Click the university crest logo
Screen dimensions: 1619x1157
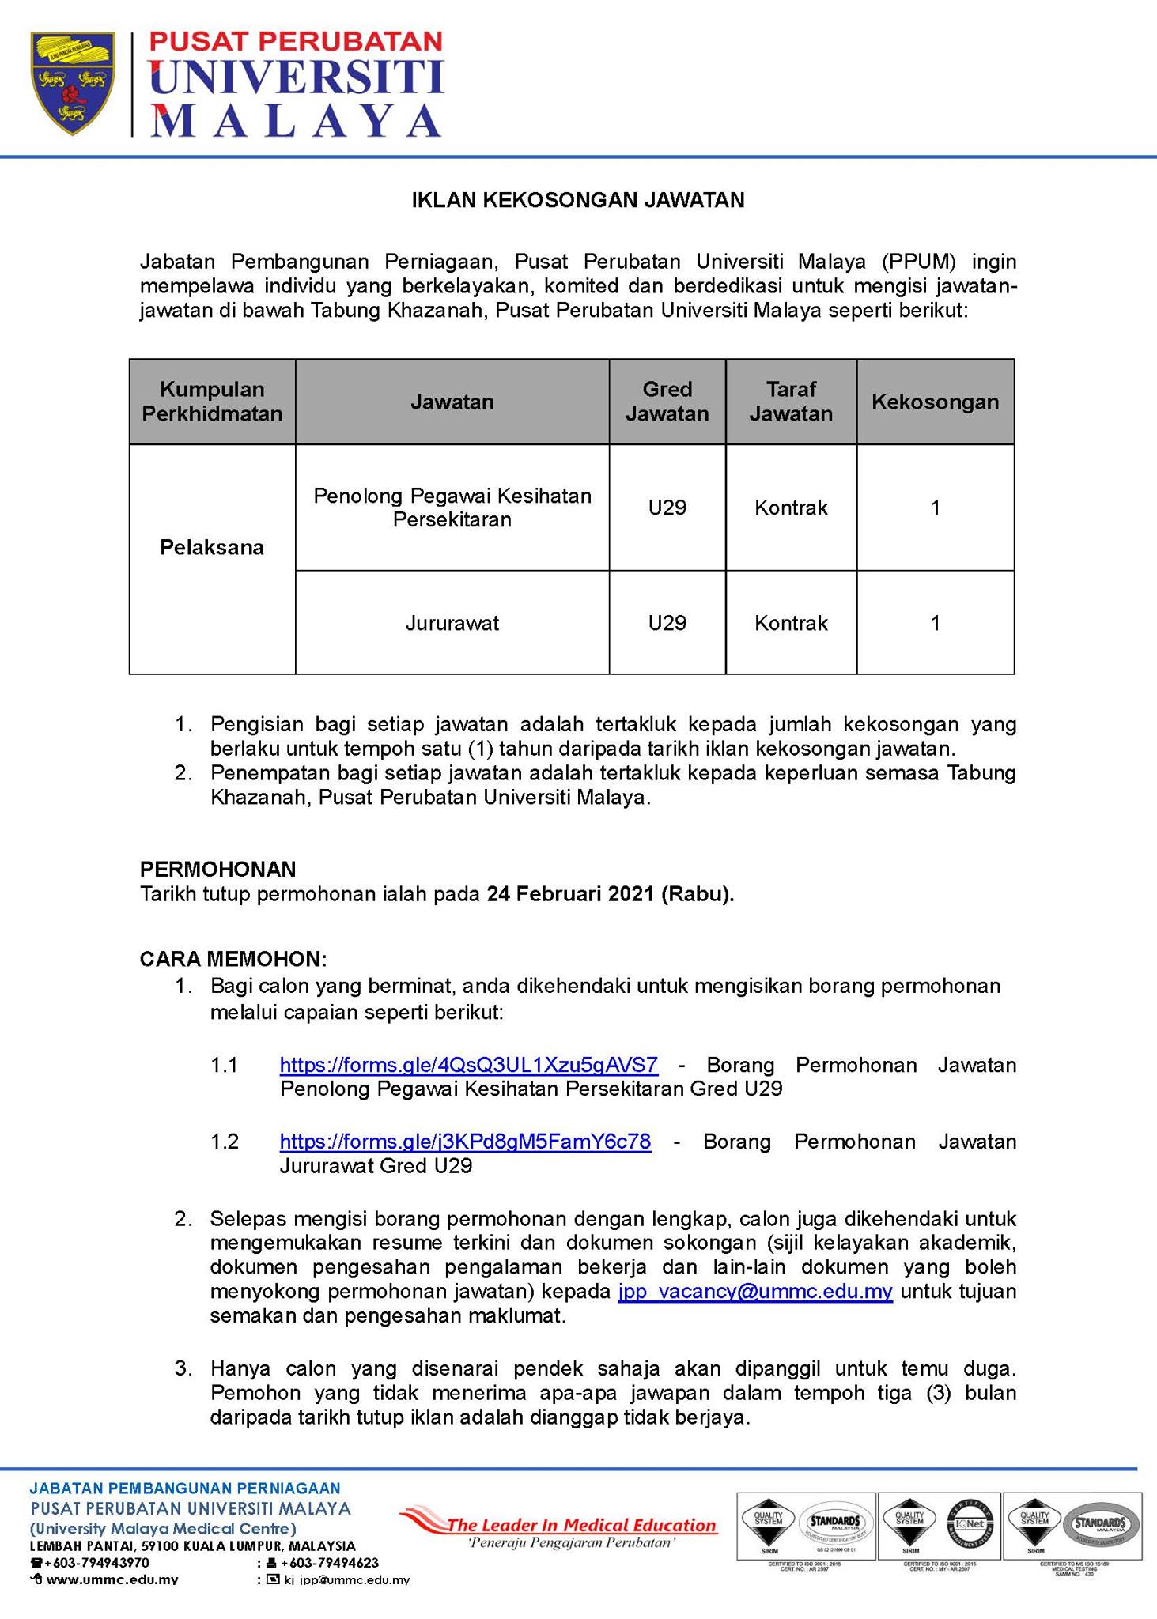pyautogui.click(x=72, y=82)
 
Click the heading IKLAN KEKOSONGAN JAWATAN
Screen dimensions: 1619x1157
pyautogui.click(x=577, y=200)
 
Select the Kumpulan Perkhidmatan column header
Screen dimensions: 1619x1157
pyautogui.click(x=212, y=402)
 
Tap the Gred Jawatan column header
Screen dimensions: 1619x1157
pyautogui.click(x=667, y=402)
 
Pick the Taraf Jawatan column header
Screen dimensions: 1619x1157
pyautogui.click(x=791, y=402)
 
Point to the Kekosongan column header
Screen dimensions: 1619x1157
pyautogui.click(x=935, y=402)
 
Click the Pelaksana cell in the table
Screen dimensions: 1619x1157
pyautogui.click(x=212, y=548)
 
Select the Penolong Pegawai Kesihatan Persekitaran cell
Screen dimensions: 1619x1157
pyautogui.click(x=452, y=508)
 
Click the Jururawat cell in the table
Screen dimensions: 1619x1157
pyautogui.click(x=452, y=623)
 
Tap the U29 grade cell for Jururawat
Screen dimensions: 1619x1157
pyautogui.click(x=667, y=623)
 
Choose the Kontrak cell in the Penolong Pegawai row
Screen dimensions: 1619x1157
pyautogui.click(x=791, y=508)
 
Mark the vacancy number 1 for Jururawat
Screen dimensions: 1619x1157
pyautogui.click(x=935, y=623)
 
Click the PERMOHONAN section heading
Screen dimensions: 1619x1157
pyautogui.click(x=217, y=870)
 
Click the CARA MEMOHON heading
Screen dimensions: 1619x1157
pyautogui.click(x=233, y=959)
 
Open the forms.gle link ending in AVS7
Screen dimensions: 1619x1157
pyautogui.click(x=468, y=1065)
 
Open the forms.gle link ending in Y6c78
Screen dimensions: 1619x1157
pyautogui.click(x=465, y=1142)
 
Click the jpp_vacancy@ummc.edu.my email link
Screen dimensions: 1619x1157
pyautogui.click(x=755, y=1292)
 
